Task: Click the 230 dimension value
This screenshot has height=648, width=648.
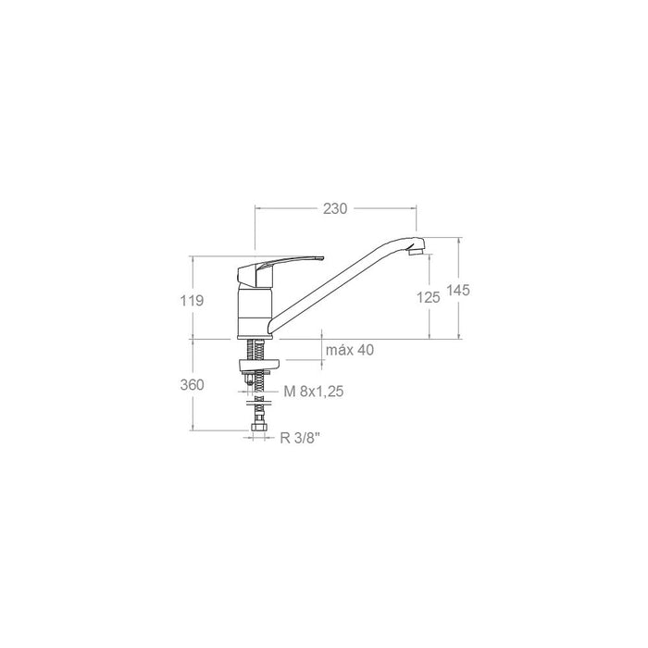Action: click(x=335, y=209)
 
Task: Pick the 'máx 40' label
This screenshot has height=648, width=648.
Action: click(x=351, y=350)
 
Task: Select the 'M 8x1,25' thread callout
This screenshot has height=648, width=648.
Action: click(x=314, y=392)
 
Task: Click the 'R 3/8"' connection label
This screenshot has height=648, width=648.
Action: click(x=299, y=440)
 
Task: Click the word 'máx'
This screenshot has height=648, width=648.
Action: click(x=340, y=350)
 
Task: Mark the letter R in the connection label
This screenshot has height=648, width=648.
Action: click(x=284, y=440)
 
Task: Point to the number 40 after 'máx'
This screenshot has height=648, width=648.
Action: click(x=366, y=350)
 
